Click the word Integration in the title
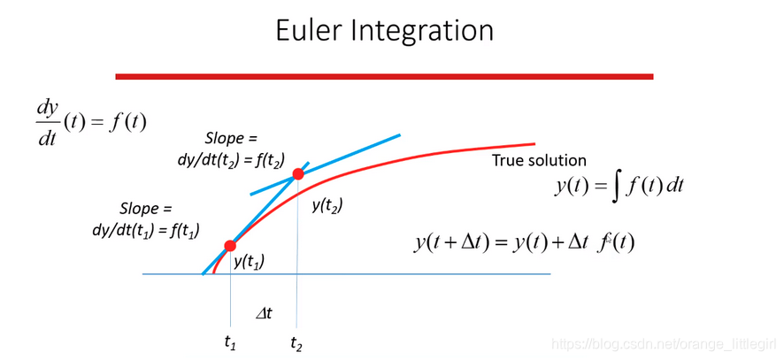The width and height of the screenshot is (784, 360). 432,32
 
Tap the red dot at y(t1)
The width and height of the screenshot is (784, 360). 230,245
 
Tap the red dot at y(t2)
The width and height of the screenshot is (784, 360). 298,174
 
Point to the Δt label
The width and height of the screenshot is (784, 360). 264,312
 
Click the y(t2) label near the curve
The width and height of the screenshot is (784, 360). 327,205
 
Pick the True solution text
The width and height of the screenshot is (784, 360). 539,161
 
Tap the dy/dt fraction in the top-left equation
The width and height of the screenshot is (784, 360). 48,121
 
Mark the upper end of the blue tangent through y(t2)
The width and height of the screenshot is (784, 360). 400,135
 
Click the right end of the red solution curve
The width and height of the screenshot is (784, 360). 534,143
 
